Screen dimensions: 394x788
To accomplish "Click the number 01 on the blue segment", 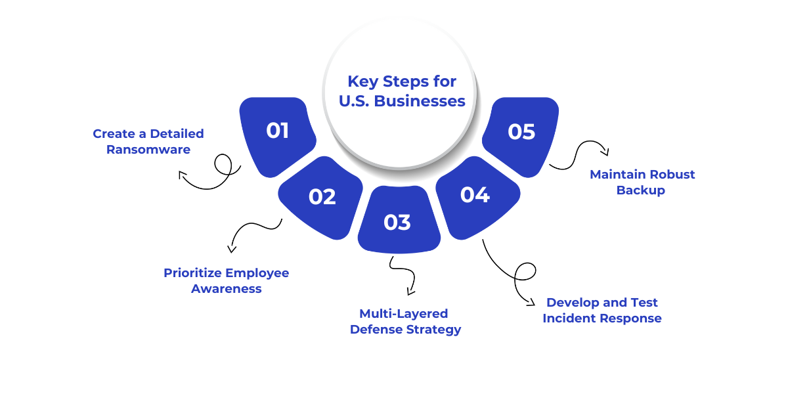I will (277, 131).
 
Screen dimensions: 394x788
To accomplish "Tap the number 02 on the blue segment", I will (322, 197).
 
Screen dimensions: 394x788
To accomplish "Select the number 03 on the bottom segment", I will (397, 223).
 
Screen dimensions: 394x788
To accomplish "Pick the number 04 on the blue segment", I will (474, 195).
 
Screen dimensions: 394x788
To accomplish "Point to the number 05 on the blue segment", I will (521, 132).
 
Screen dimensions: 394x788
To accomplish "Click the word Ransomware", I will (148, 150).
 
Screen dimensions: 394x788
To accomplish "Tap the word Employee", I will (257, 273).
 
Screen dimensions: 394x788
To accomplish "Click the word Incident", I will (569, 318).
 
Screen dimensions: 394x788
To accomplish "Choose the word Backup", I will (641, 190).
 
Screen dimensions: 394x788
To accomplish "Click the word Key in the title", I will (361, 81).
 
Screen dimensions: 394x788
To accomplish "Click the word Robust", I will (669, 175).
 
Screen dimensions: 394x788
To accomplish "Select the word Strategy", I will (432, 330).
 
